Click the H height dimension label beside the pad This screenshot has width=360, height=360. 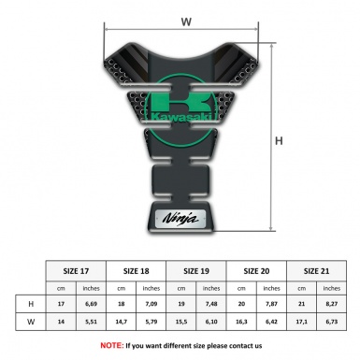point(278,141)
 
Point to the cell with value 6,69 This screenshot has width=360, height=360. point(92,304)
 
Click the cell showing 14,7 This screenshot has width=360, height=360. point(122,322)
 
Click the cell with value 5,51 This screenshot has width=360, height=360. point(92,322)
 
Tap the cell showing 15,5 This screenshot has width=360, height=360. point(183,322)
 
